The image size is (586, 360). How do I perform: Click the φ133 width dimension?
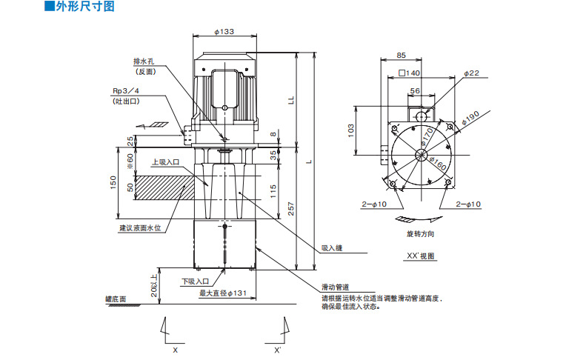pos(224,31)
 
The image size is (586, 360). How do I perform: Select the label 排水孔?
pos(145,61)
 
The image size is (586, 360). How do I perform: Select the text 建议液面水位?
pos(139,228)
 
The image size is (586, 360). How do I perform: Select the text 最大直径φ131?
pos(222,293)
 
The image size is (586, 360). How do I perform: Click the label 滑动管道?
pos(335,287)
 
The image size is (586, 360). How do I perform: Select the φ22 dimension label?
pos(472,73)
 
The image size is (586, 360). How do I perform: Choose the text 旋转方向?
pos(420,234)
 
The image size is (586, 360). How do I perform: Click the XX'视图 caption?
pos(420,256)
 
